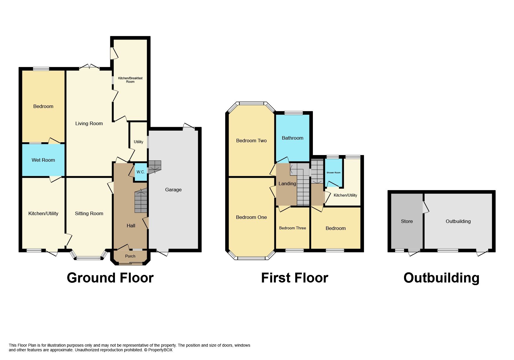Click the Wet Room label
43,160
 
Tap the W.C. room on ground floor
141,172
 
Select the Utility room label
138,142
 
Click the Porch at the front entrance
130,256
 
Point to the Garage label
173,190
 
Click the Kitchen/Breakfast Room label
130,80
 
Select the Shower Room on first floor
333,173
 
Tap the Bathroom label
293,138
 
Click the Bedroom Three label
293,228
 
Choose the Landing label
287,183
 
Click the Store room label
407,221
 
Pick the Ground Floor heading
110,278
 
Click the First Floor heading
295,278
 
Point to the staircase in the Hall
141,202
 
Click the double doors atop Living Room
89,67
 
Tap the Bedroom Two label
251,141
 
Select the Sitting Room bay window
89,258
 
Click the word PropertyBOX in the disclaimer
160,350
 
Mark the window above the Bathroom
293,113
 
